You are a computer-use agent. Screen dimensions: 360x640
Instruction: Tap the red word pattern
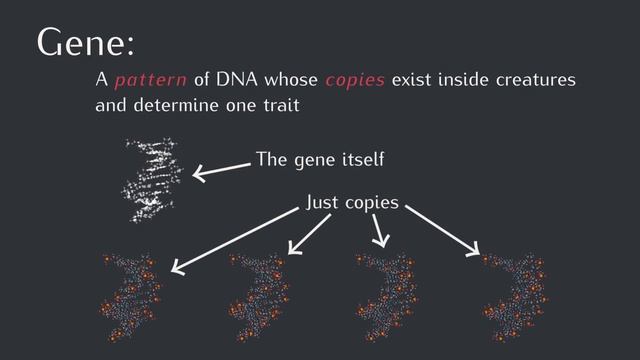pyautogui.click(x=146, y=79)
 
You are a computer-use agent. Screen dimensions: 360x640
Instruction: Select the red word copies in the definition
pyautogui.click(x=356, y=79)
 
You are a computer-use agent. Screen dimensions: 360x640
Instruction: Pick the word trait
pyautogui.click(x=277, y=103)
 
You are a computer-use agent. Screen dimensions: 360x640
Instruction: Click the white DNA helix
pyautogui.click(x=151, y=179)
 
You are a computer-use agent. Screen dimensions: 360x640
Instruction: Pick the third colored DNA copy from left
pyautogui.click(x=384, y=296)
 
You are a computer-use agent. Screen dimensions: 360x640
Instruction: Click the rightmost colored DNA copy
pyautogui.click(x=511, y=296)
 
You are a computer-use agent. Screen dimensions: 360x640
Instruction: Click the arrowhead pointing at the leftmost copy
pyautogui.click(x=178, y=268)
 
